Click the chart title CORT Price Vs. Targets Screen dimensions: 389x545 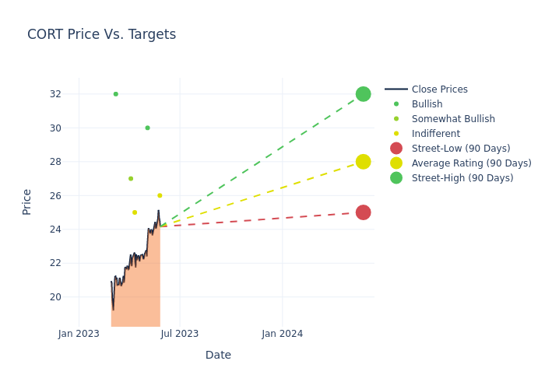101,34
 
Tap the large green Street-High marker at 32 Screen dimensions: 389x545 363,94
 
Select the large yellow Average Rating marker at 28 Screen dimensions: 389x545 363,162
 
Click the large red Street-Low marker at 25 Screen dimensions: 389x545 363,212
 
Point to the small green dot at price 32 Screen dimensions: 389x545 115,94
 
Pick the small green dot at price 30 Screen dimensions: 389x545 147,128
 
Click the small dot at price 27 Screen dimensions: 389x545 131,178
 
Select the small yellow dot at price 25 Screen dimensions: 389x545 135,212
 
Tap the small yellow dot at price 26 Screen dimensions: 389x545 160,195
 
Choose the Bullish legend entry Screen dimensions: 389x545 427,104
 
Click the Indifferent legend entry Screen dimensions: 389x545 435,134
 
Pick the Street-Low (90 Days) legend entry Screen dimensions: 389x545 460,149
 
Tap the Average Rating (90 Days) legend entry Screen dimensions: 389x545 471,163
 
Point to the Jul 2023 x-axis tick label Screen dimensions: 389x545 180,334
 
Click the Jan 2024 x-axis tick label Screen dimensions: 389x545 282,334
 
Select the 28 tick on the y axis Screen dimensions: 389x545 55,162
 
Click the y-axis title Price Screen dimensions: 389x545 27,202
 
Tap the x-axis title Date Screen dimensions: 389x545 218,355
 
